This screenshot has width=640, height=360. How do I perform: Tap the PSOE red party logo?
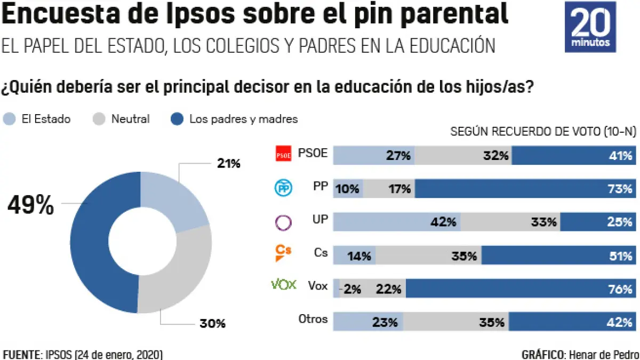[283, 155]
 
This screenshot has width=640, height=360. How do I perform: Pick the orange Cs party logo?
[283, 253]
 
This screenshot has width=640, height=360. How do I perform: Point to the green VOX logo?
[284, 285]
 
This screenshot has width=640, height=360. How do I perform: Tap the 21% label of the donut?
[229, 163]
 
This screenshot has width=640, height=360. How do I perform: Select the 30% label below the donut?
[212, 323]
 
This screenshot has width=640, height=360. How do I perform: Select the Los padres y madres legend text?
[244, 119]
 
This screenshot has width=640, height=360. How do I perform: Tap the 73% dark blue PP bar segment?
[524, 188]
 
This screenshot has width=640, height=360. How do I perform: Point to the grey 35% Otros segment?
[455, 322]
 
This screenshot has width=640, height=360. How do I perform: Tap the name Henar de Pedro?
[604, 354]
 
